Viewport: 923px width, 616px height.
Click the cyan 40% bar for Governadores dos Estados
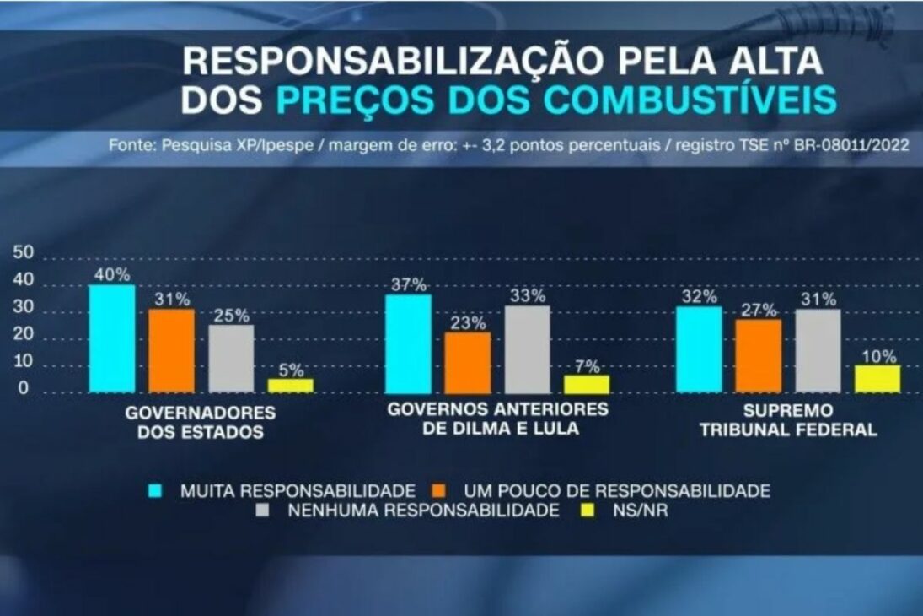(x=112, y=338)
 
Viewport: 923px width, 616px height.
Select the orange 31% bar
(x=172, y=351)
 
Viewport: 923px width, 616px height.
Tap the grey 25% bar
(x=231, y=359)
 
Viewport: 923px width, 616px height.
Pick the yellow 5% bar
(x=291, y=385)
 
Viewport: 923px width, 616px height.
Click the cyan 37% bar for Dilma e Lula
(x=408, y=343)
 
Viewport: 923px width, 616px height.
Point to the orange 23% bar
(x=468, y=362)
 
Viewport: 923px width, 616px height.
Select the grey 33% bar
(x=528, y=349)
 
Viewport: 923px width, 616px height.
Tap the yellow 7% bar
(x=587, y=384)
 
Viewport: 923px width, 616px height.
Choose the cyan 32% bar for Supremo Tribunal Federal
(x=699, y=349)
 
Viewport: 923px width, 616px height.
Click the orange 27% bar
(x=758, y=355)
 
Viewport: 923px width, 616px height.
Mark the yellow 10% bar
(x=877, y=379)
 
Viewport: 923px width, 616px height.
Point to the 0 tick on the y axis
(x=23, y=390)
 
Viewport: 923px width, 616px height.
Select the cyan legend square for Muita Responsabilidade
(x=155, y=490)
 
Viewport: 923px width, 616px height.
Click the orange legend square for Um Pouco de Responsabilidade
(x=438, y=490)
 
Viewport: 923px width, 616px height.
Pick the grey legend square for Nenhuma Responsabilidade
(x=263, y=511)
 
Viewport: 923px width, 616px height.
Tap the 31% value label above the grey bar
(x=818, y=299)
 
